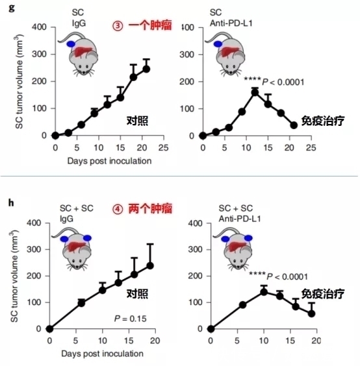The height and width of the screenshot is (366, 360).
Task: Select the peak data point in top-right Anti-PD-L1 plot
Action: [255, 91]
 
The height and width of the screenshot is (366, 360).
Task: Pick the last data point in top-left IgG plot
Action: [146, 69]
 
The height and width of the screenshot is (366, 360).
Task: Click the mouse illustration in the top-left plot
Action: [86, 55]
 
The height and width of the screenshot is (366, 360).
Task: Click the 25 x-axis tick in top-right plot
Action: [311, 147]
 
